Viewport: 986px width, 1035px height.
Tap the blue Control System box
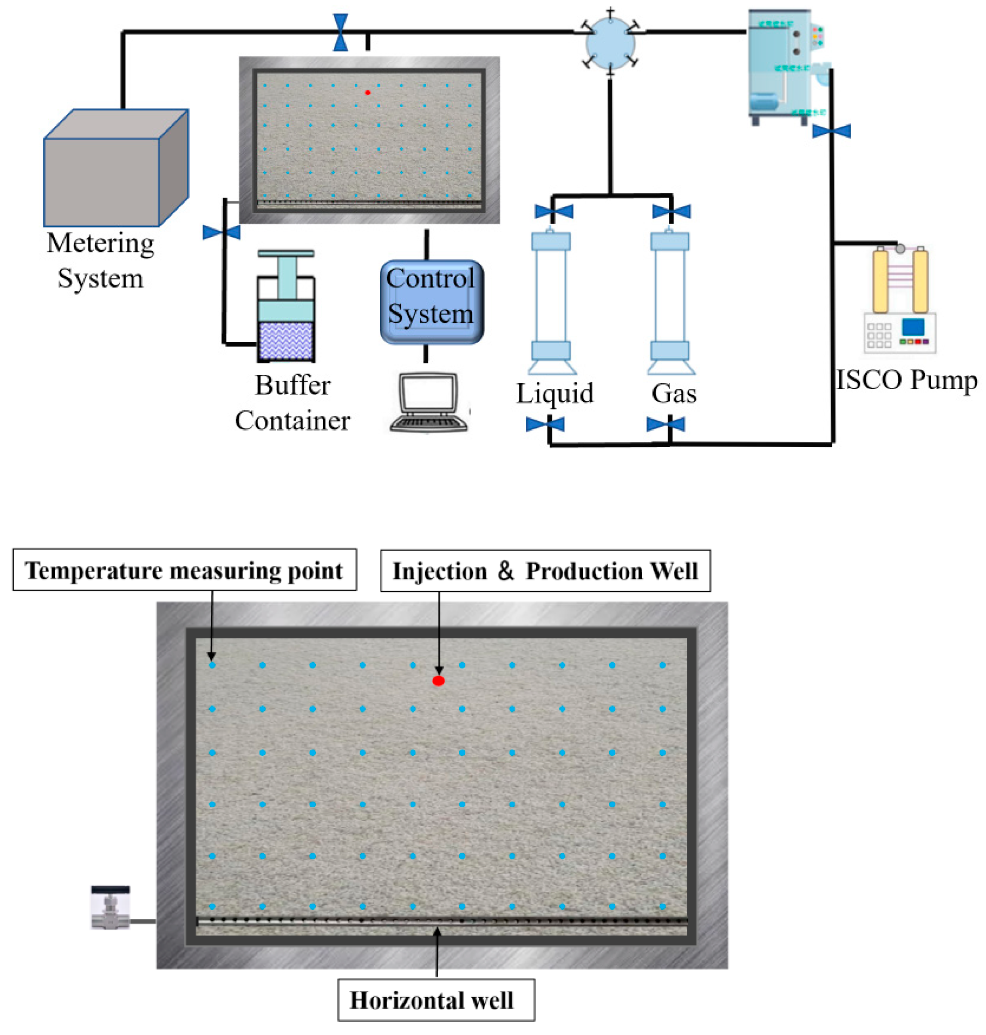(431, 303)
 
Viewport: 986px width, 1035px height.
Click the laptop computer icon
(429, 402)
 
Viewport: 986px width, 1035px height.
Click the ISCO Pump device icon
(900, 303)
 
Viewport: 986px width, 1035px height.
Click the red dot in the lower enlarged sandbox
(438, 681)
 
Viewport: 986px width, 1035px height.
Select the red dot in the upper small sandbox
(368, 93)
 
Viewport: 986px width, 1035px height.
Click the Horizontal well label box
(436, 1000)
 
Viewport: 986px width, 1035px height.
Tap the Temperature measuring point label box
(185, 570)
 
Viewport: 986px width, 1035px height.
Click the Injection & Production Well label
(545, 571)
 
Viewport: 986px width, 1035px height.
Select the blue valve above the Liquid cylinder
(553, 211)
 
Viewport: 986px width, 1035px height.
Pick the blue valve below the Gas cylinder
(666, 424)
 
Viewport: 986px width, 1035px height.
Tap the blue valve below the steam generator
(831, 130)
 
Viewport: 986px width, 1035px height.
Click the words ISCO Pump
(906, 380)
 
